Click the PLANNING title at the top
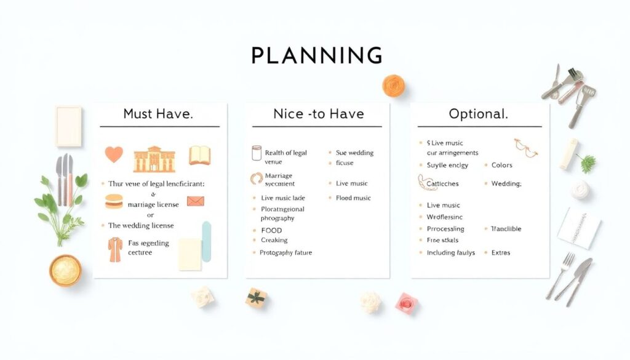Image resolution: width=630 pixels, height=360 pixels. click(317, 55)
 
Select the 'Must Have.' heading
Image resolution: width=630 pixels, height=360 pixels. click(159, 114)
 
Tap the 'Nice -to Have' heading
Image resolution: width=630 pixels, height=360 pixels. click(318, 114)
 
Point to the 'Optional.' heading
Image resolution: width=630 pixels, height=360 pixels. click(479, 114)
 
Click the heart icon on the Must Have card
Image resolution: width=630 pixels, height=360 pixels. click(114, 154)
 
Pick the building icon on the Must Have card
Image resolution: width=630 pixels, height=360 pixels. click(154, 159)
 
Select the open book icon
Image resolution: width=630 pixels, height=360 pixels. click(200, 155)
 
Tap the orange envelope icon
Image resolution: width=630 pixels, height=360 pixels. click(196, 201)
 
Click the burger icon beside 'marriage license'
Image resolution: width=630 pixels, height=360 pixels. click(114, 201)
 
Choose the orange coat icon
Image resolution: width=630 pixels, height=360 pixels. click(115, 249)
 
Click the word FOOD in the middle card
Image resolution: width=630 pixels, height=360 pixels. click(271, 231)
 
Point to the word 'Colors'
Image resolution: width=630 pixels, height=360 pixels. click(502, 165)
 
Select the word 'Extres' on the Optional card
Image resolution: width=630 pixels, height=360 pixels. click(501, 253)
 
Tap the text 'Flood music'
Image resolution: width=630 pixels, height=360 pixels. click(354, 198)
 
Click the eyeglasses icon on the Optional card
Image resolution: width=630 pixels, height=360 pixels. click(525, 147)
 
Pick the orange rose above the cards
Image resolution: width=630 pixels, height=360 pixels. click(393, 85)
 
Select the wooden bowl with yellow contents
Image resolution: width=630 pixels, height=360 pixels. click(65, 270)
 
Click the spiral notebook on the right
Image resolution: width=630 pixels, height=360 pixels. click(579, 228)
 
